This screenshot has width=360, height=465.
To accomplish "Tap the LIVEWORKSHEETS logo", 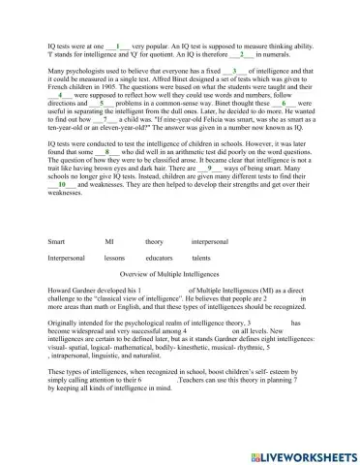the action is tap(298, 453).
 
